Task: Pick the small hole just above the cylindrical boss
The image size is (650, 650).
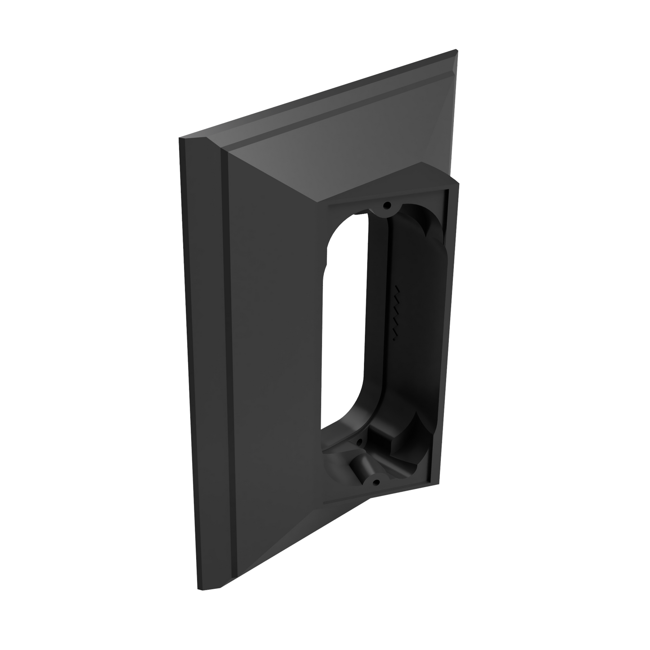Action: (x=358, y=444)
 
